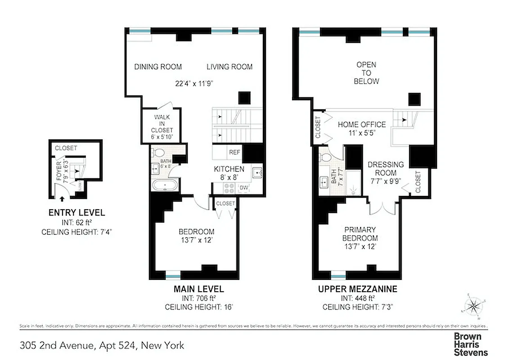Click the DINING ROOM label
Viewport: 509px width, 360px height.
point(158,67)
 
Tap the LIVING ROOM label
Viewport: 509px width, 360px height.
point(229,67)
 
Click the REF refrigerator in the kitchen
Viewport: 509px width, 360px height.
point(234,152)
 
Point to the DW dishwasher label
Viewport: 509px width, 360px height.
point(244,188)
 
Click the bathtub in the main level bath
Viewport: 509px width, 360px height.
point(165,185)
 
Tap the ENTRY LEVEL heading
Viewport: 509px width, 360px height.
point(77,213)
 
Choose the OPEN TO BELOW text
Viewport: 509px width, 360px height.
point(366,73)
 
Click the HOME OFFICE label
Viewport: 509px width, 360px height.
point(361,125)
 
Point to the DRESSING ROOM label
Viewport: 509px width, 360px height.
point(385,169)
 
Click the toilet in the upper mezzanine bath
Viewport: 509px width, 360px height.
point(325,157)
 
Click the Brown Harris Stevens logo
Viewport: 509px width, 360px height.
point(470,344)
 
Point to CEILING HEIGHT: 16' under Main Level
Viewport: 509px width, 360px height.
point(198,307)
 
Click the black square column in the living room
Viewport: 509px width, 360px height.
point(244,98)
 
